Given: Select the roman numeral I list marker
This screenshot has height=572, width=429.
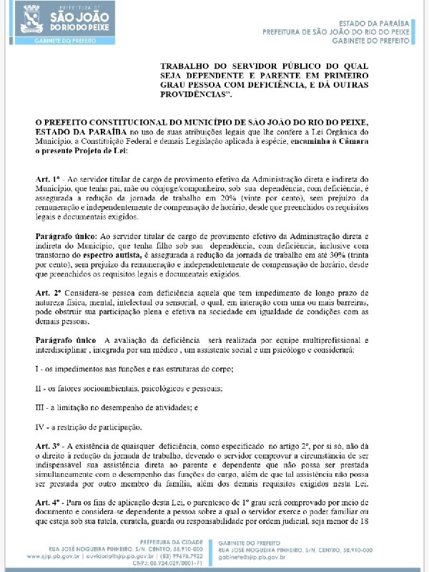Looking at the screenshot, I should pyautogui.click(x=38, y=367).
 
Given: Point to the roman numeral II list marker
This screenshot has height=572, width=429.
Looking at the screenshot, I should pyautogui.click(x=39, y=388).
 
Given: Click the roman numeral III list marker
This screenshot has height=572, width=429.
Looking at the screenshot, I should pyautogui.click(x=41, y=407).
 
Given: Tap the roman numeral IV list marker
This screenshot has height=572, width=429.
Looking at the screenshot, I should pyautogui.click(x=41, y=427).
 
